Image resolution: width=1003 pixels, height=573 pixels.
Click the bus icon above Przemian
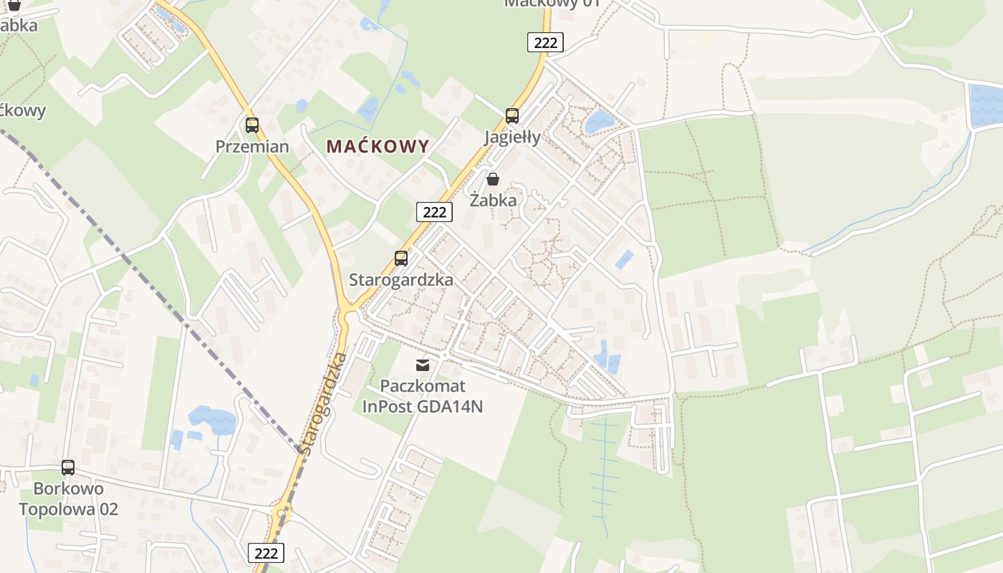pyautogui.click(x=252, y=125)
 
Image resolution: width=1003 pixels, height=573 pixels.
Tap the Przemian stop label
pyautogui.click(x=252, y=147)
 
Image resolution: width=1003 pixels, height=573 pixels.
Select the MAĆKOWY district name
pyautogui.click(x=378, y=146)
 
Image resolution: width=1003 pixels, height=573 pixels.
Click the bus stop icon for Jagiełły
pyautogui.click(x=512, y=115)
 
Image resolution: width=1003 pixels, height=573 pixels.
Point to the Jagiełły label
pyautogui.click(x=512, y=137)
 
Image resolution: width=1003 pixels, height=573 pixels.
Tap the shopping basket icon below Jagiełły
pyautogui.click(x=493, y=179)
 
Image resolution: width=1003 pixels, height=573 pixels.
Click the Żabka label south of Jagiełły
pyautogui.click(x=493, y=201)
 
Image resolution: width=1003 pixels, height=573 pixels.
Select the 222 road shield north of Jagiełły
pyautogui.click(x=545, y=42)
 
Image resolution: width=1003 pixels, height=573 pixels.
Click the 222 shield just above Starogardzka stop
pyautogui.click(x=434, y=211)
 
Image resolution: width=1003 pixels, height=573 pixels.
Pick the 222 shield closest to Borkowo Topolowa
pyautogui.click(x=266, y=553)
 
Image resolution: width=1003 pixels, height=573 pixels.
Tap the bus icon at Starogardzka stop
pyautogui.click(x=401, y=259)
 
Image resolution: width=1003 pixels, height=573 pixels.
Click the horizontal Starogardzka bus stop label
pyautogui.click(x=401, y=280)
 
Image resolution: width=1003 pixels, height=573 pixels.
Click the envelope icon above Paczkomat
pyautogui.click(x=423, y=366)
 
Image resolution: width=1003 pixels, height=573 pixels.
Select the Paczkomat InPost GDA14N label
pyautogui.click(x=423, y=396)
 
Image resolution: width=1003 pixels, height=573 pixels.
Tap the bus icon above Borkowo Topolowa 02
pyautogui.click(x=68, y=468)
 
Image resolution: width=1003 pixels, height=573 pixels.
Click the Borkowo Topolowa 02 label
pyautogui.click(x=68, y=499)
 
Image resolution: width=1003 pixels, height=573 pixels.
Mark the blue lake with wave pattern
pyautogui.click(x=985, y=105)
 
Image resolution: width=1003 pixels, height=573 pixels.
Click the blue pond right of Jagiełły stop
pyautogui.click(x=598, y=122)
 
